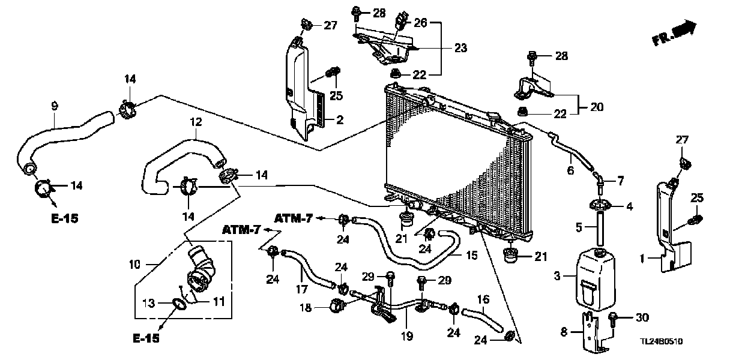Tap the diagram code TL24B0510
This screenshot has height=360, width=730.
(662, 341)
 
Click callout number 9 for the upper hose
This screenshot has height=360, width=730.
(55, 106)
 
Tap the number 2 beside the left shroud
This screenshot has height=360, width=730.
(339, 121)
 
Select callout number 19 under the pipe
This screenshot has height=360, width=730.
(407, 336)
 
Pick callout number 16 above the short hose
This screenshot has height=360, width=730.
(484, 298)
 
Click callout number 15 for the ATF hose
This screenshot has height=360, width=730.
(472, 255)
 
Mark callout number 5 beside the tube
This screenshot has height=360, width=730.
(579, 227)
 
